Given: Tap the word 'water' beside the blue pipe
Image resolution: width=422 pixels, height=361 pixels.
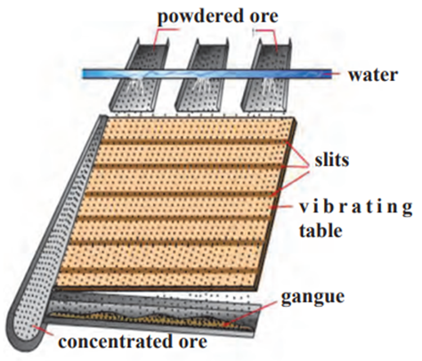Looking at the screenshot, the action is pyautogui.click(x=373, y=75).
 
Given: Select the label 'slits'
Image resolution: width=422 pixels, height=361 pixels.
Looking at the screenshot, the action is pyautogui.click(x=332, y=160).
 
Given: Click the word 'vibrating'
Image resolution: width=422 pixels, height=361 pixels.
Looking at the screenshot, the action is pyautogui.click(x=355, y=208).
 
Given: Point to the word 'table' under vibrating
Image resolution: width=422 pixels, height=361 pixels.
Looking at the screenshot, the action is pyautogui.click(x=321, y=230).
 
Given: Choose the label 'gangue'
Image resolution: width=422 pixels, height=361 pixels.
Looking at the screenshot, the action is pyautogui.click(x=312, y=297).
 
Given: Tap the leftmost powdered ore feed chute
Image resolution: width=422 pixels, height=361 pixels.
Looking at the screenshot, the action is pyautogui.click(x=140, y=74).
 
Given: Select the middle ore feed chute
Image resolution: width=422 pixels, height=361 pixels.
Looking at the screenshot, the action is pyautogui.click(x=202, y=74).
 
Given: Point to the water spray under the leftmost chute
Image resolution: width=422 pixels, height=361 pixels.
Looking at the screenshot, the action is pyautogui.click(x=135, y=85).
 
